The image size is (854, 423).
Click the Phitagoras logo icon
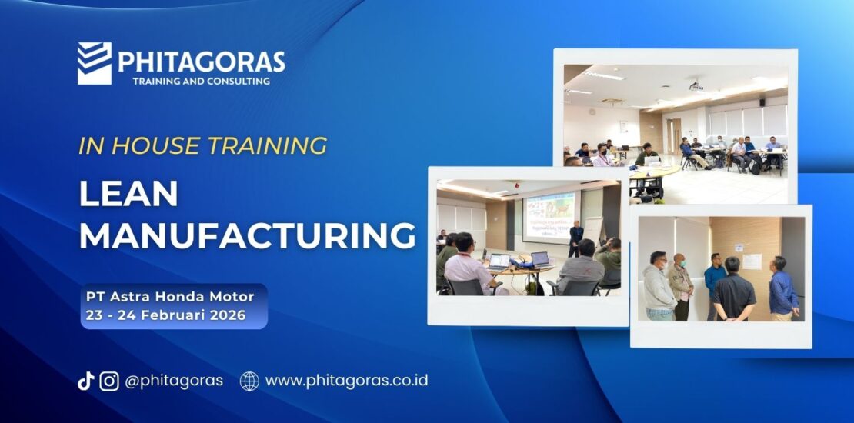pyautogui.click(x=95, y=63)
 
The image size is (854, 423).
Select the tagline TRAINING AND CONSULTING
pyautogui.click(x=201, y=81)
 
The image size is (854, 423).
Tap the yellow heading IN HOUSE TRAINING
pyautogui.click(x=203, y=145)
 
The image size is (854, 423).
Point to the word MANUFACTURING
pyautogui.click(x=247, y=236)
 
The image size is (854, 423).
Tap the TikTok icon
pyautogui.click(x=85, y=381)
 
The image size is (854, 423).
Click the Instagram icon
pyautogui.click(x=109, y=381)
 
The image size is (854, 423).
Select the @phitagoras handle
pyautogui.click(x=174, y=381)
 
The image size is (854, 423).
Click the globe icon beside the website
pyautogui.click(x=249, y=381)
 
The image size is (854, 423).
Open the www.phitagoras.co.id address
pyautogui.click(x=346, y=381)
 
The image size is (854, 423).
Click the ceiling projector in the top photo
pyautogui.click(x=696, y=85)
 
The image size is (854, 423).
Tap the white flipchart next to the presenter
pyautogui.click(x=594, y=231)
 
